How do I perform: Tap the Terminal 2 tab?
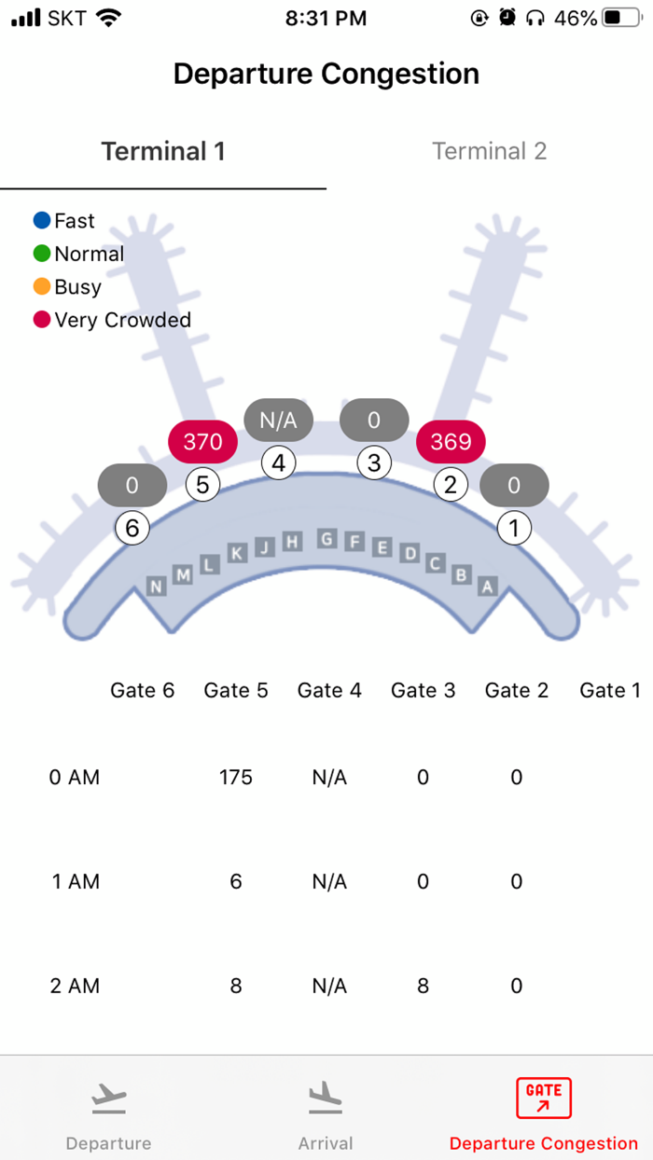pyautogui.click(x=489, y=151)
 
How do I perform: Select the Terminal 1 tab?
pyautogui.click(x=163, y=151)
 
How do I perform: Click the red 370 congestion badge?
pyautogui.click(x=202, y=441)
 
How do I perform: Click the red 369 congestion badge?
pyautogui.click(x=451, y=441)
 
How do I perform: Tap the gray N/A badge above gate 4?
pyautogui.click(x=278, y=420)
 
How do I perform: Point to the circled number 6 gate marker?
pyautogui.click(x=132, y=529)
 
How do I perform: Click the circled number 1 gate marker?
pyautogui.click(x=513, y=529)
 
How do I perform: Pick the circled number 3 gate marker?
pyautogui.click(x=374, y=463)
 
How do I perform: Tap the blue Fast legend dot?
pyautogui.click(x=42, y=221)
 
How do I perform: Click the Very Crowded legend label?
pyautogui.click(x=122, y=320)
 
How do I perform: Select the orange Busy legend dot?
pyautogui.click(x=42, y=287)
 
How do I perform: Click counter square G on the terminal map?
pyautogui.click(x=326, y=538)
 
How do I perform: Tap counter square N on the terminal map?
pyautogui.click(x=156, y=586)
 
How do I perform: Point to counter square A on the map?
pyautogui.click(x=486, y=586)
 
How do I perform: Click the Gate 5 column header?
pyautogui.click(x=236, y=690)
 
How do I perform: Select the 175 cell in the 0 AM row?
pyautogui.click(x=236, y=778)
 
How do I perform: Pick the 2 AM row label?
pyautogui.click(x=75, y=986)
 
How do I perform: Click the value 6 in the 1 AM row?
pyautogui.click(x=236, y=881)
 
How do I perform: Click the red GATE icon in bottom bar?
pyautogui.click(x=543, y=1098)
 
